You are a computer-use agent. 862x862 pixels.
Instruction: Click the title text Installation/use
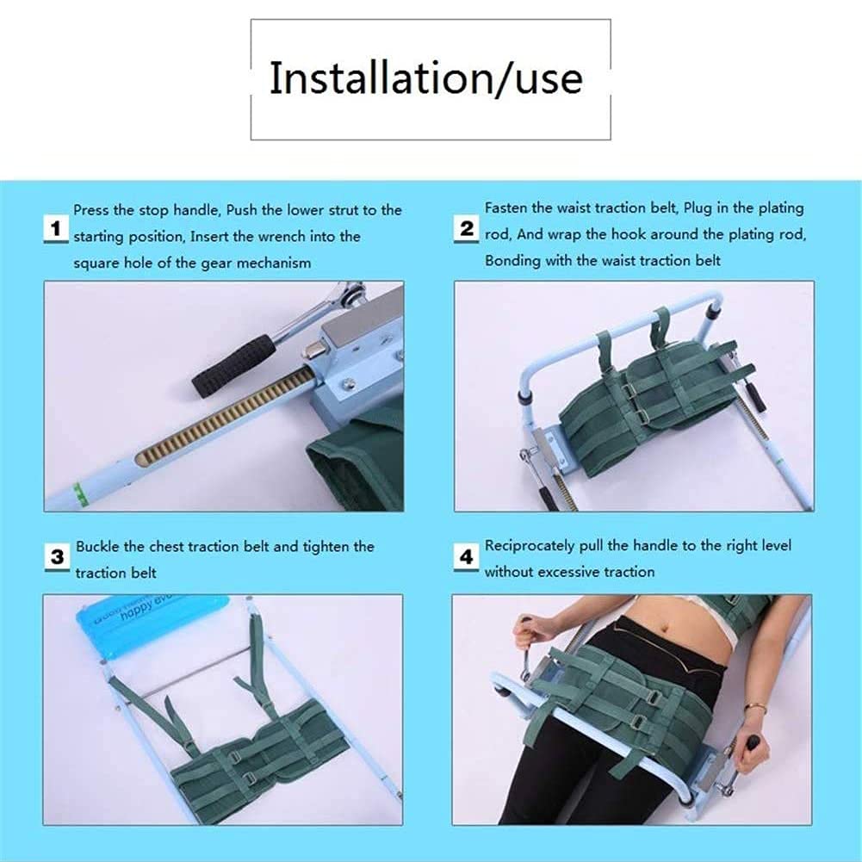(426, 78)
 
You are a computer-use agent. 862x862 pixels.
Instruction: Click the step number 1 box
(56, 230)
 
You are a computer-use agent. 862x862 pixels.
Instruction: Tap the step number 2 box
(466, 229)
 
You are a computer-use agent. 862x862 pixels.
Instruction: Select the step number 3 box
(57, 556)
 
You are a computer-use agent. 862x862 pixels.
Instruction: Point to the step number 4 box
(466, 557)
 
